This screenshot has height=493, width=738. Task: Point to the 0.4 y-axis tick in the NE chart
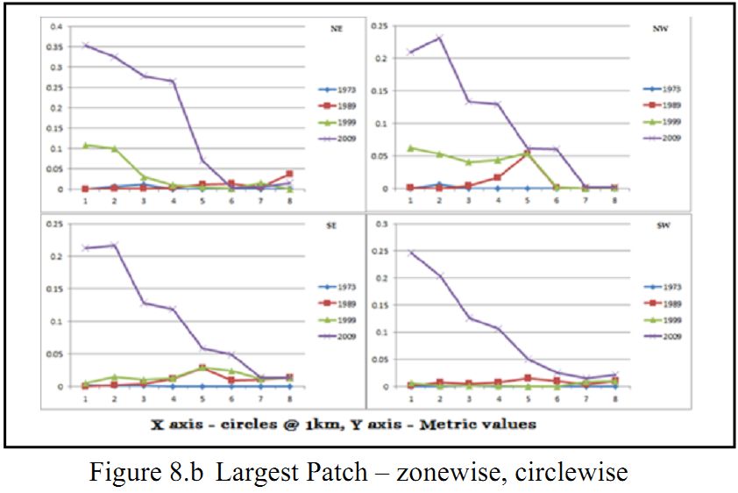tap(57, 26)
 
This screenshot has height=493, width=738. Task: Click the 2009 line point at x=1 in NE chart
tap(86, 45)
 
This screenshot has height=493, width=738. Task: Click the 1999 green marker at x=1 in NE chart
tap(86, 145)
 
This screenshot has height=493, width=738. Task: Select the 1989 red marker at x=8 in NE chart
tap(291, 174)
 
